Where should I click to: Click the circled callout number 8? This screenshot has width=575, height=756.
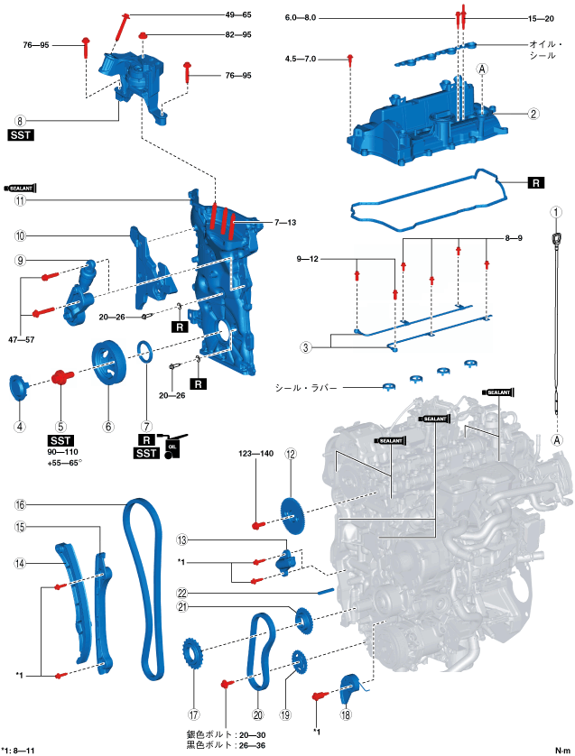coord(20,119)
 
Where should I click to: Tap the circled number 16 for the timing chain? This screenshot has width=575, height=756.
coord(20,504)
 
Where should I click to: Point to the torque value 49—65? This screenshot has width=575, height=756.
coord(238,15)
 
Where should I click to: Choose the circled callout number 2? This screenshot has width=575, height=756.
coord(534,114)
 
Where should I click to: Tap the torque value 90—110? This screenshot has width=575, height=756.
coord(62,450)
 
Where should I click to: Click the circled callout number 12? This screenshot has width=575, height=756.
coord(291,455)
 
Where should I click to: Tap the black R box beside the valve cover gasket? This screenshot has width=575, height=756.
coord(535,182)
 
